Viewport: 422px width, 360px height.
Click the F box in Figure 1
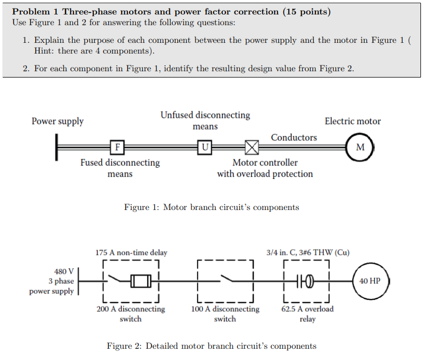coord(117,146)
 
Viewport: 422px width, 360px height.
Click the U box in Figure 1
coord(205,146)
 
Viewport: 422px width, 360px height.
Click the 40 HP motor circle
coord(370,281)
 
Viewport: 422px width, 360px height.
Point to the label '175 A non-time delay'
coord(131,252)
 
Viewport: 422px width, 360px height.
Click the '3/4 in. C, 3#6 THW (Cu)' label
coord(307,252)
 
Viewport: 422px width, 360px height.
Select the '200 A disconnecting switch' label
coord(131,314)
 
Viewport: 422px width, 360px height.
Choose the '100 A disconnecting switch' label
coord(225,314)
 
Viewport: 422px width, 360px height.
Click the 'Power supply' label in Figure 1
coord(57,121)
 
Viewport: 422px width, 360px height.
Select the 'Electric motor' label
coord(352,121)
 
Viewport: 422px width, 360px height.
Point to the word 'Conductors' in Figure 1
coord(293,137)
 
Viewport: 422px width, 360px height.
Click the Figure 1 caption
coord(212,207)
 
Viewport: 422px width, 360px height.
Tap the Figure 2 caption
coord(212,346)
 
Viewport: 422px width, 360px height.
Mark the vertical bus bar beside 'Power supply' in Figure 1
coord(56,146)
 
